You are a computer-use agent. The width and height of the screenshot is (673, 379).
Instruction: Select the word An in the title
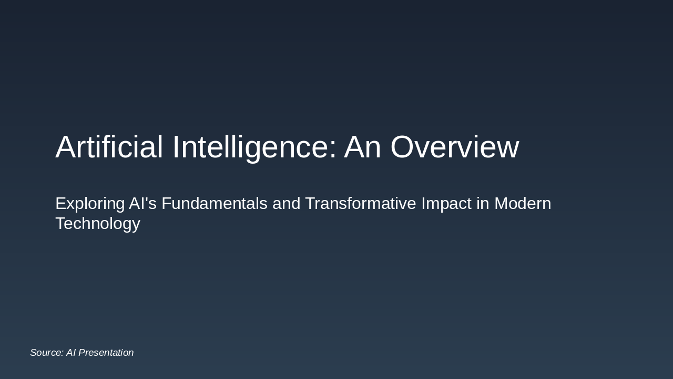(362, 147)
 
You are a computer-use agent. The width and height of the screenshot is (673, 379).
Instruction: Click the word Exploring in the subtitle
(90, 204)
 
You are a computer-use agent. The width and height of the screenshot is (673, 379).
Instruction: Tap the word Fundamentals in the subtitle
(215, 203)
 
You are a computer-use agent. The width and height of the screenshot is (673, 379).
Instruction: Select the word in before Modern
(483, 203)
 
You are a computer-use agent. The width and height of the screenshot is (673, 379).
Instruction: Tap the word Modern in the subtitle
(523, 203)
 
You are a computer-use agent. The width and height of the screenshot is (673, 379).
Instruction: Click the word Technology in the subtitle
(98, 224)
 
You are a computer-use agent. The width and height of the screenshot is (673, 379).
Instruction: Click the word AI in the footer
(71, 353)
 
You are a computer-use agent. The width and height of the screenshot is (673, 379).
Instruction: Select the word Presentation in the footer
(106, 353)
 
